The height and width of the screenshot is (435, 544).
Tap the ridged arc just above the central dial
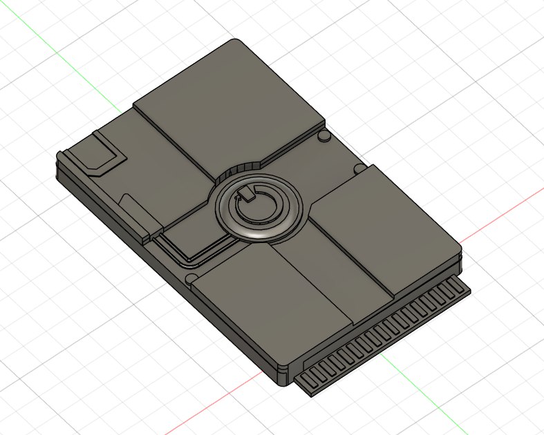pos(243,169)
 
